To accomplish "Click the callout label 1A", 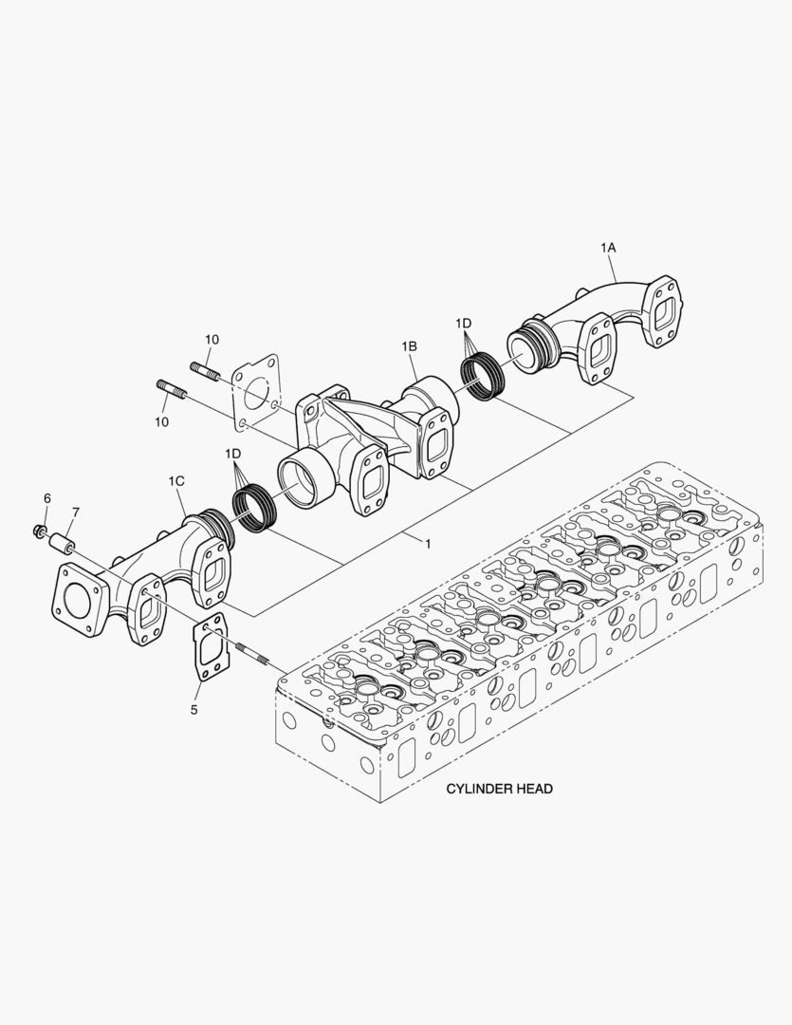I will pos(608,247).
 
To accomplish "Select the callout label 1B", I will pos(409,347).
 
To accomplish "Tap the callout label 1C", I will pos(176,482).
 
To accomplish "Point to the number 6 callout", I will pos(46,498).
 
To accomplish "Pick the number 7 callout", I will pos(75,512).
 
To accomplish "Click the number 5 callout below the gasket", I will pos(195,708).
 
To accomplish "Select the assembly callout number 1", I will pos(428,544).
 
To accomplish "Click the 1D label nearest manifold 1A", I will pos(464,324).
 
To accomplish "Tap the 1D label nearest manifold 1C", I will pos(233,455).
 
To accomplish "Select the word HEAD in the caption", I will pos(533,789).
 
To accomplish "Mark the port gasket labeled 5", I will pos(209,648).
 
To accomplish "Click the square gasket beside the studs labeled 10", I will pos(256,390).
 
